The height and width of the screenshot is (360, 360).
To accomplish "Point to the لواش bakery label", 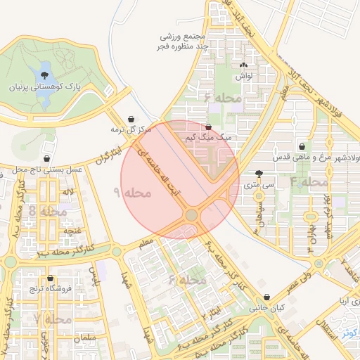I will click(245, 75).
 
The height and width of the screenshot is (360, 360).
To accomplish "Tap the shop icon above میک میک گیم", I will click(207, 127).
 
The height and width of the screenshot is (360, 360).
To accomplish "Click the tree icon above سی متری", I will click(259, 173).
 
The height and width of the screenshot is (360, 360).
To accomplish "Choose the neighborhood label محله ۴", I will click(309, 182).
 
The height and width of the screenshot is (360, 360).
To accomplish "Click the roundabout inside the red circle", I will click(191, 214).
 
